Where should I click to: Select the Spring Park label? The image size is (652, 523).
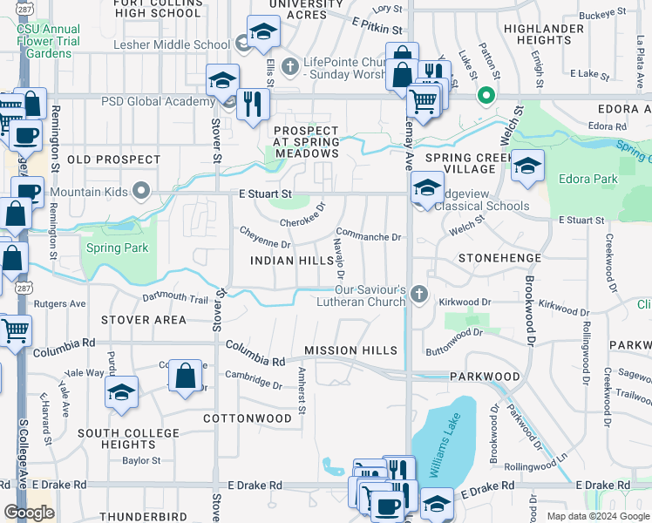point(117,248)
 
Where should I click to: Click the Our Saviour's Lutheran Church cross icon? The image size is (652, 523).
point(419,295)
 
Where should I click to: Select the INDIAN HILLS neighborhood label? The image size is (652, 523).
point(291,261)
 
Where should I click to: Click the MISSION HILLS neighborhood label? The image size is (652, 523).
point(350,350)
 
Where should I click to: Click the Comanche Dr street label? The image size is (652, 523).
point(368,236)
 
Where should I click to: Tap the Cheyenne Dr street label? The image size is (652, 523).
point(264,231)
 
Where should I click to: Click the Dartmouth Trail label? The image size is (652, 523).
point(175,299)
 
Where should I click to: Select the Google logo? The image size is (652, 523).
point(29,513)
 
